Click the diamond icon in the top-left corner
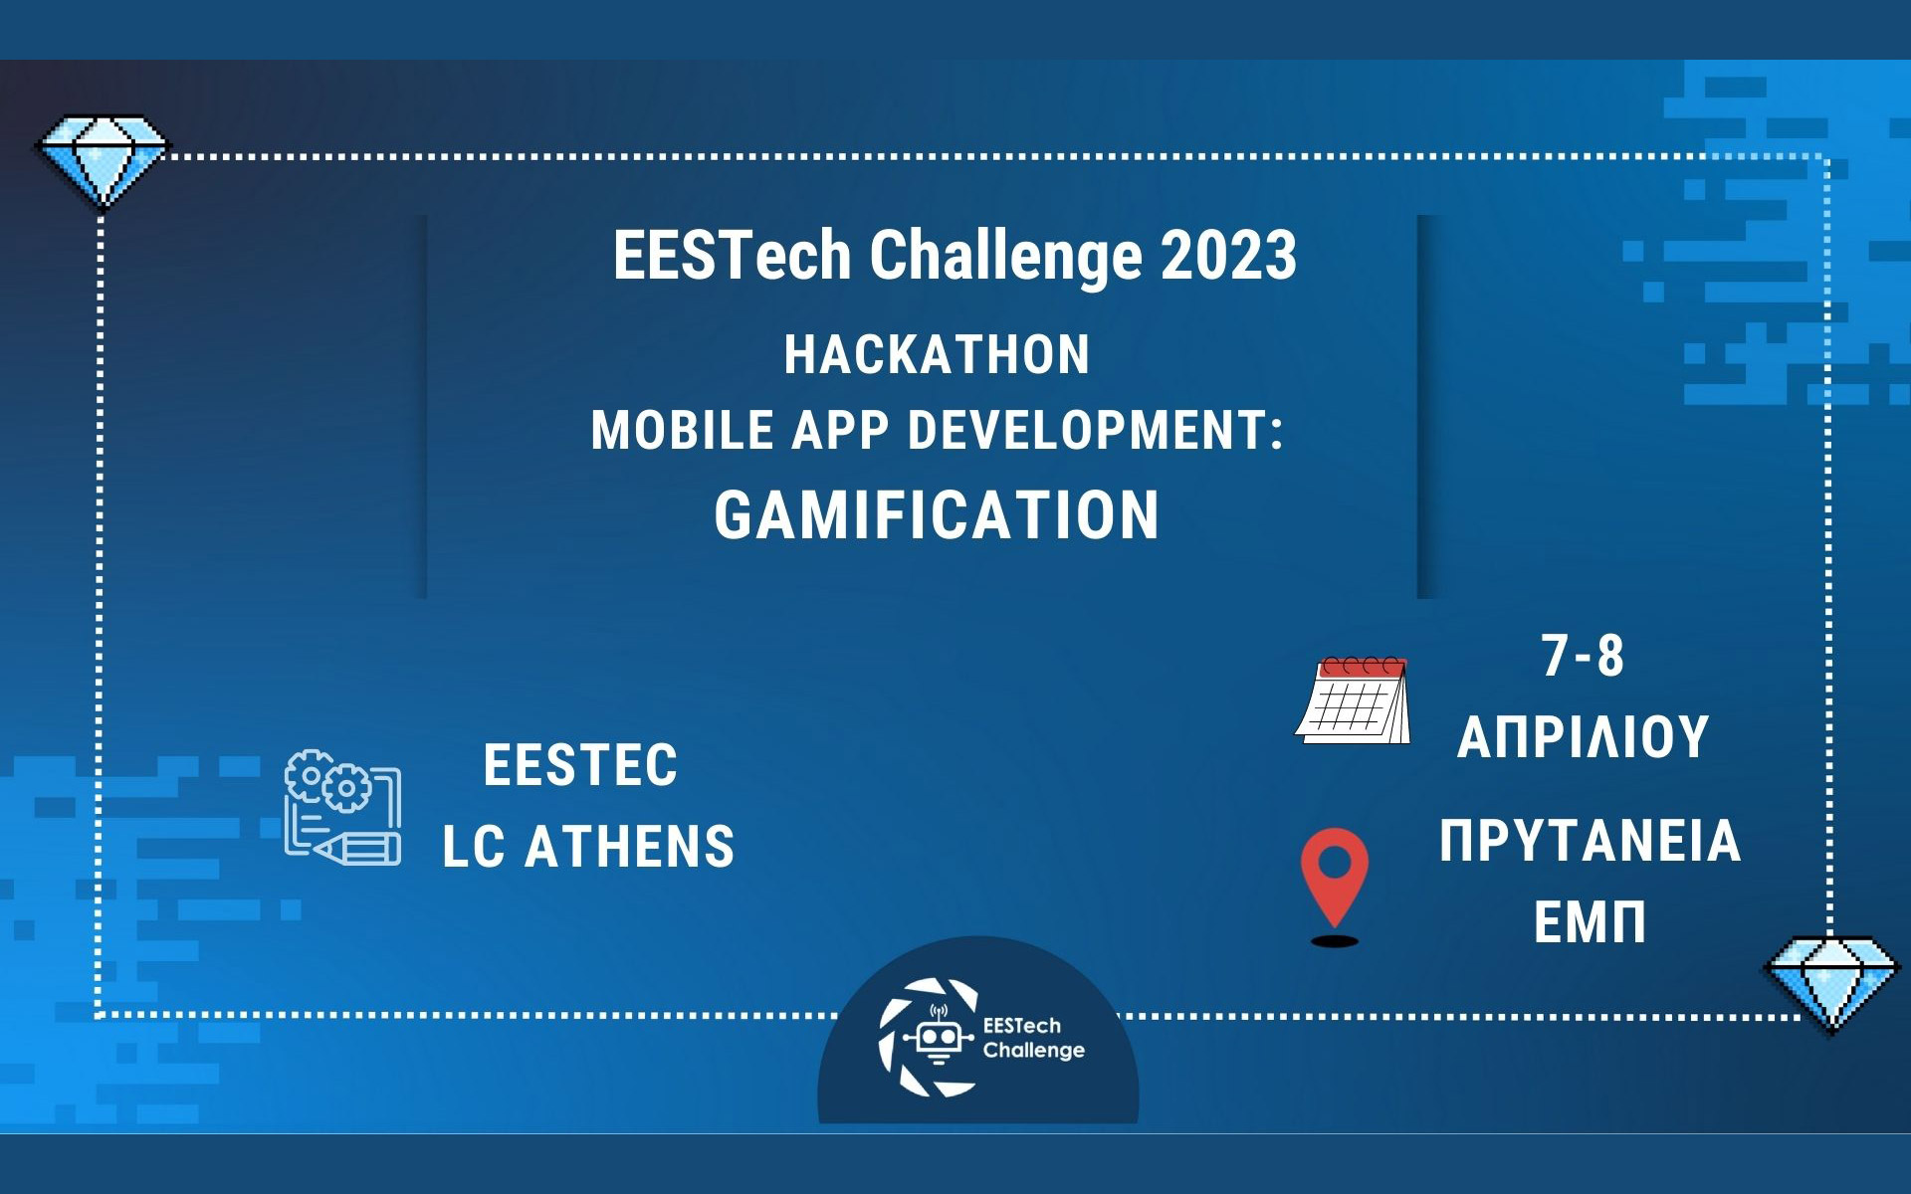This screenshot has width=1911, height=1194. coord(103,159)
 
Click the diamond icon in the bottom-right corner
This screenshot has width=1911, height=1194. coord(1831,980)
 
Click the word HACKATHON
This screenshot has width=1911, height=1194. coord(937,355)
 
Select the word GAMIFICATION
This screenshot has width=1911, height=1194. coord(937,515)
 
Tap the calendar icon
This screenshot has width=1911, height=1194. coord(1355,700)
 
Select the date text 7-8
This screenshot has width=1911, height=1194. coord(1583,657)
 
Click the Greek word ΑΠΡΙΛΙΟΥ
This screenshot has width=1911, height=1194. coord(1583,737)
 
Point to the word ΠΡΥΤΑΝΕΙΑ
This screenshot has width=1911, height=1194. coord(1590,841)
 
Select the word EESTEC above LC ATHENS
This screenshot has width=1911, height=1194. coord(580,765)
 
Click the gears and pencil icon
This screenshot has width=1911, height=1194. coord(342,807)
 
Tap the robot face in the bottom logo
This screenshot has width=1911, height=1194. coord(937,1038)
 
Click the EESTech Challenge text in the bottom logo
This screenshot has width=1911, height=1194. coord(1033,1038)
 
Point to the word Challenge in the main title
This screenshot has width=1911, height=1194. coord(1005,256)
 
